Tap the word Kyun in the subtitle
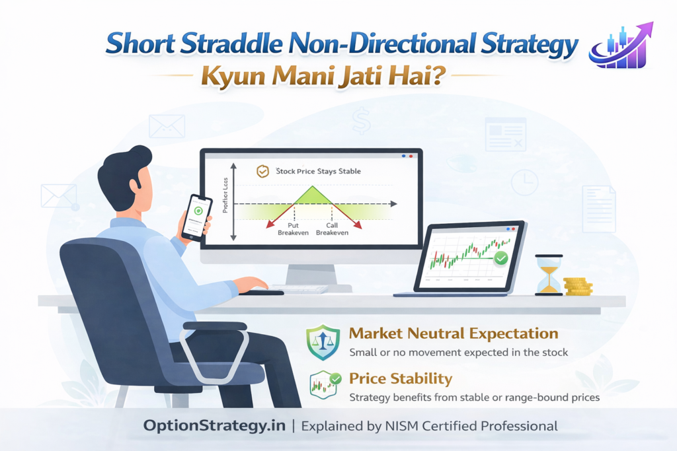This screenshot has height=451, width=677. coord(231,74)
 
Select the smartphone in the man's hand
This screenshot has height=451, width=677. coord(196,217)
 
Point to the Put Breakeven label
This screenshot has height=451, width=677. coord(293,229)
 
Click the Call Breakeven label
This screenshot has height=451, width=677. coord(331,229)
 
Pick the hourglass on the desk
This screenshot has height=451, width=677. coord(548,274)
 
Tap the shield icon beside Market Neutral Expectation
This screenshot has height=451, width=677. coord(322,342)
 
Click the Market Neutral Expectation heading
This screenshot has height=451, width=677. coord(454,333)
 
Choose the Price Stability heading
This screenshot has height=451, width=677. coord(401,379)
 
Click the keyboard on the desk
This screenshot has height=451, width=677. coord(299,289)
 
